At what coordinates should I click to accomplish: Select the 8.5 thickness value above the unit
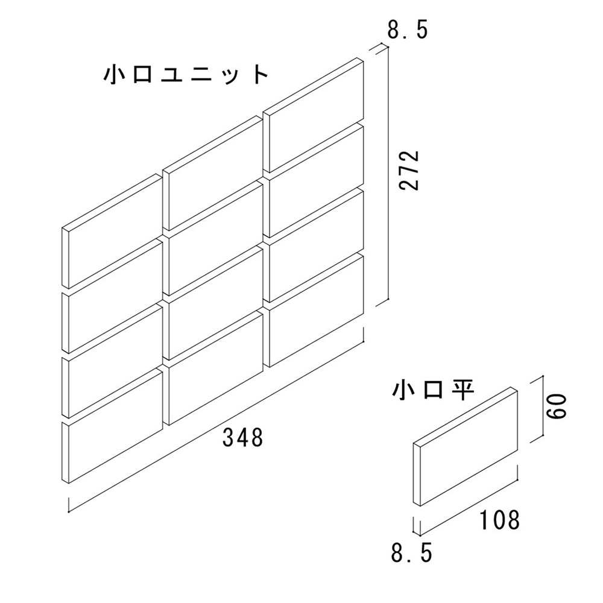click(408, 30)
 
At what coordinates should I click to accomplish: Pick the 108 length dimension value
click(500, 519)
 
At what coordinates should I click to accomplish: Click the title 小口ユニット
click(185, 75)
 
